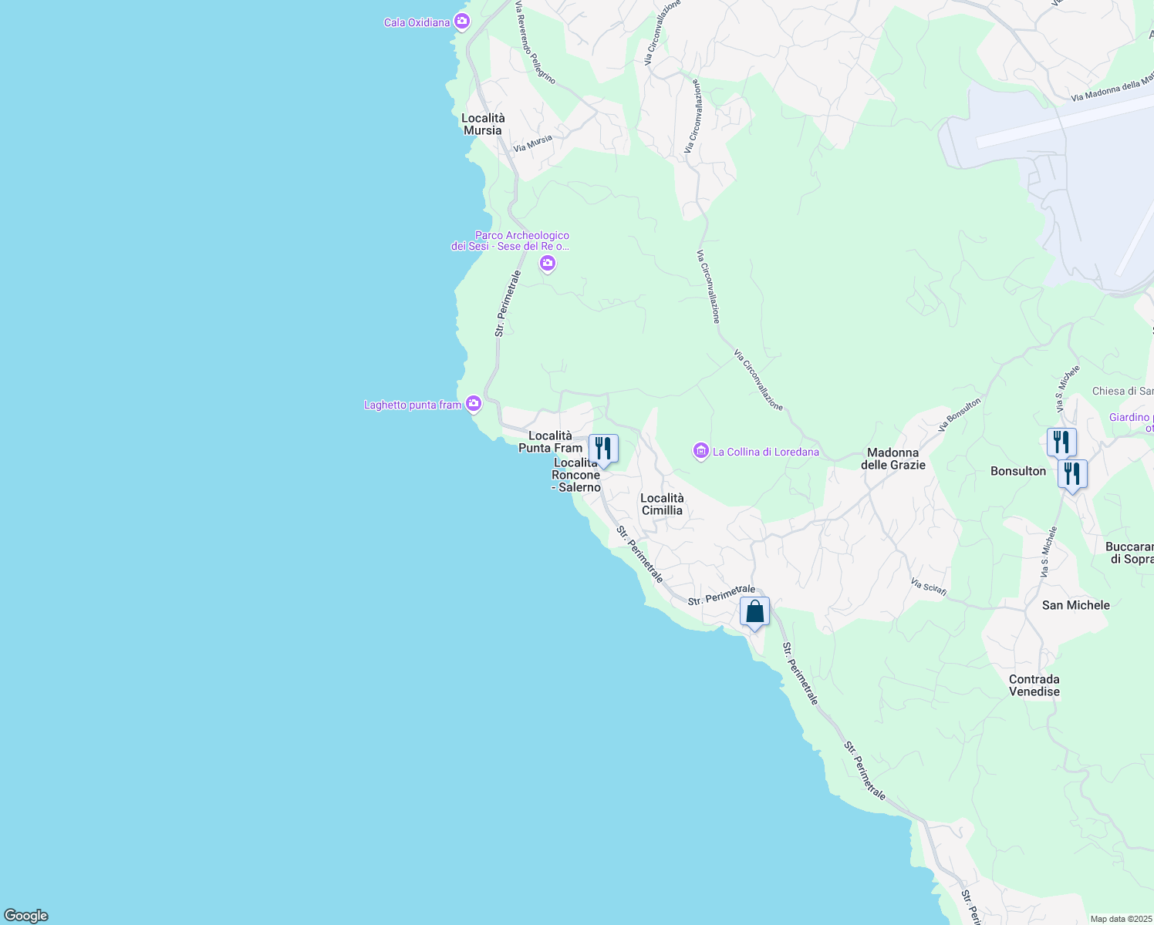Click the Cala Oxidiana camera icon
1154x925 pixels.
pos(462,22)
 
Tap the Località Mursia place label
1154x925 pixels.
pos(483,124)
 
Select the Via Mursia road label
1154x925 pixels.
pos(533,143)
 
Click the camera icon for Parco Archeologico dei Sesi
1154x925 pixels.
pos(548,264)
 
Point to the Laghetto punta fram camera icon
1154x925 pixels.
pos(474,404)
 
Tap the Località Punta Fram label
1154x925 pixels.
pos(550,442)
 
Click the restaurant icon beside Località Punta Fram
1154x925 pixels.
pos(603,449)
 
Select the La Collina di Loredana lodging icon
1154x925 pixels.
pos(701,452)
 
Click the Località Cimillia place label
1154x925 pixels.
pos(662,504)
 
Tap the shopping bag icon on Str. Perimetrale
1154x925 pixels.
pos(754,612)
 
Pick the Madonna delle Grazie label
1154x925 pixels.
pos(892,459)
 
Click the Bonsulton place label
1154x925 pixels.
pos(1018,471)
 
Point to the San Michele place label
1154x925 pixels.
pos(1075,605)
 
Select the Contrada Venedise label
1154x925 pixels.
pos(1034,685)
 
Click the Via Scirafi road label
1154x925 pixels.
pos(928,587)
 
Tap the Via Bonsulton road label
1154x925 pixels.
pos(960,414)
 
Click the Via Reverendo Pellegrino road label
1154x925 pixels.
pos(535,42)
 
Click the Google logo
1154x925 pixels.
pos(26,916)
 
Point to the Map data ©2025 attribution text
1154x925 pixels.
pos(1121,919)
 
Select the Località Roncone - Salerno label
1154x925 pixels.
pos(576,475)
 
